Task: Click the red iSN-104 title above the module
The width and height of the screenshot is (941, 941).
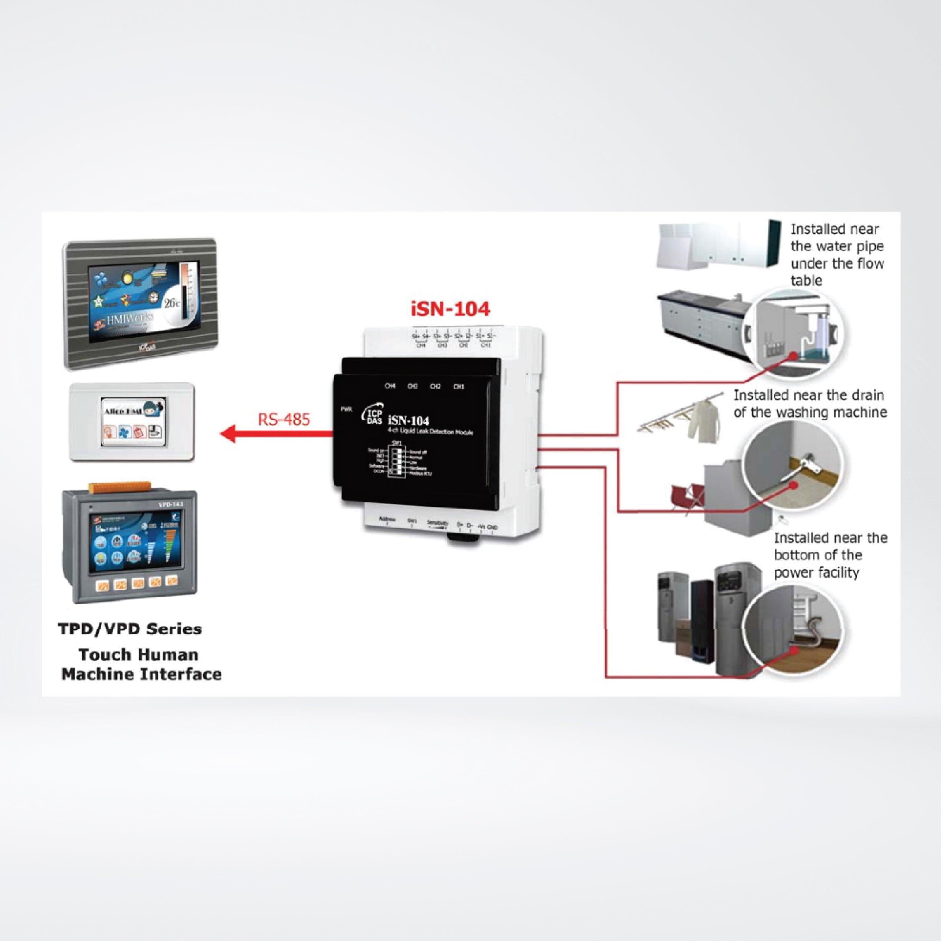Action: click(450, 309)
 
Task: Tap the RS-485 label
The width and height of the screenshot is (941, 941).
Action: click(284, 419)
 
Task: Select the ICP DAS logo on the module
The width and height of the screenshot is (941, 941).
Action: click(371, 418)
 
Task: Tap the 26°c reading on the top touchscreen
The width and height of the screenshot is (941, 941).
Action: click(172, 303)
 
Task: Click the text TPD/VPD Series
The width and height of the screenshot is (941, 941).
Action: click(130, 629)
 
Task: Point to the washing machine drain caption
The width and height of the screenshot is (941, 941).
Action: click(810, 403)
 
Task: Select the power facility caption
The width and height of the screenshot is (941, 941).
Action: click(830, 555)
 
